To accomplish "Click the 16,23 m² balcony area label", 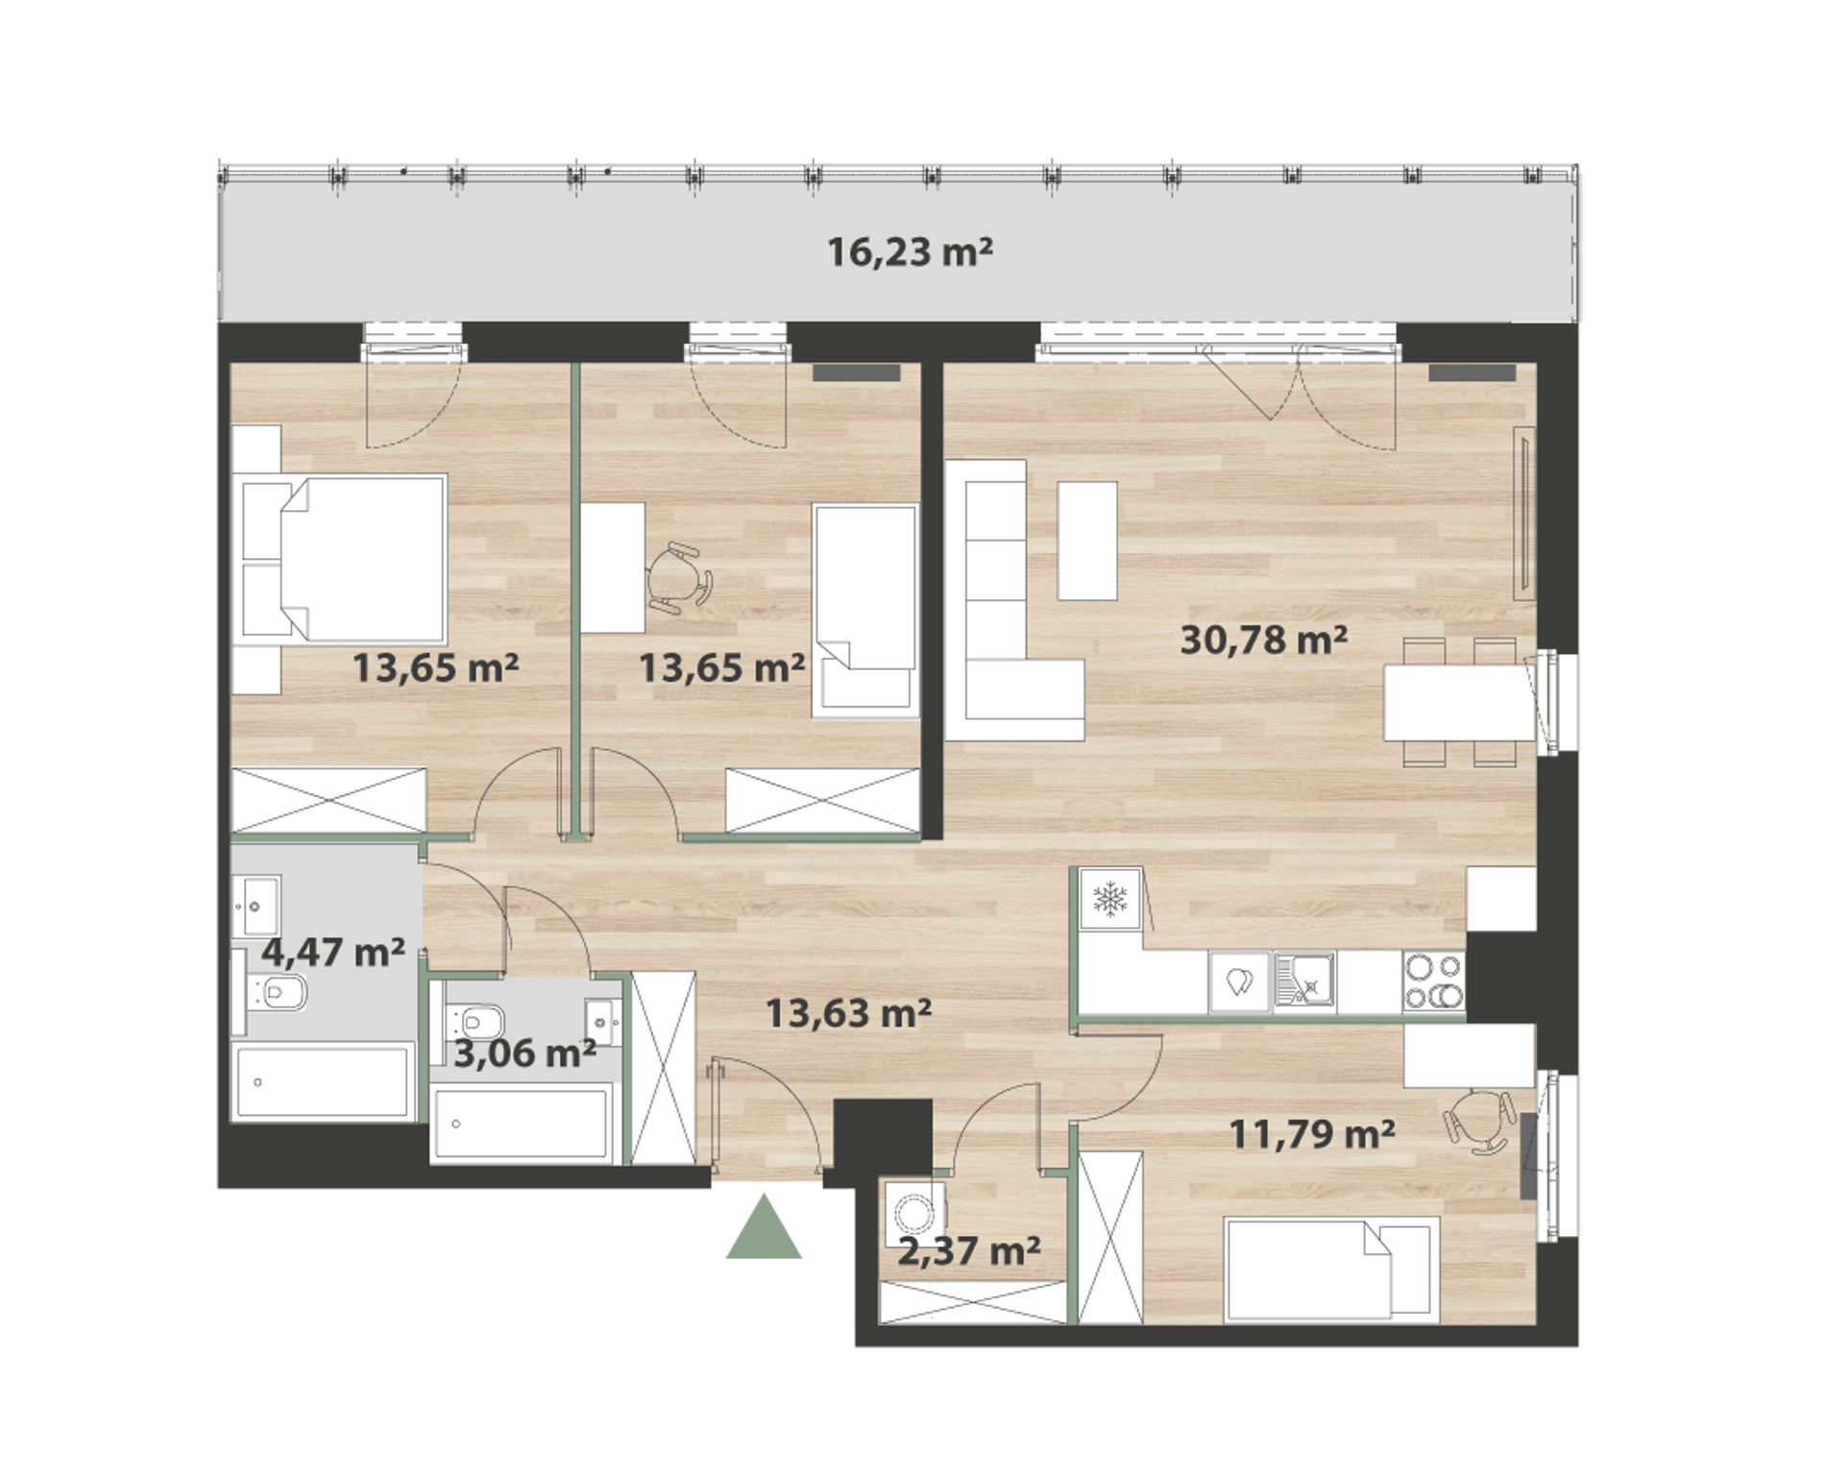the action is (x=910, y=252).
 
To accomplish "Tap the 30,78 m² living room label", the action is (x=1263, y=639).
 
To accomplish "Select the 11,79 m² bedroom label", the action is (x=1312, y=1134).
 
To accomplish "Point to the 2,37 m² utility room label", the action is (x=969, y=1250).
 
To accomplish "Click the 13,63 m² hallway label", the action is (x=848, y=1012).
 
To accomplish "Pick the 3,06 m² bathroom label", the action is (x=524, y=1053).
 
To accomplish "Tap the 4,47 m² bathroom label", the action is (x=333, y=953).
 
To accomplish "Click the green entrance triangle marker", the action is (x=764, y=1226).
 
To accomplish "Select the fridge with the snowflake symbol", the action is (x=1110, y=900).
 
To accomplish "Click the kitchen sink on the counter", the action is (x=1303, y=981).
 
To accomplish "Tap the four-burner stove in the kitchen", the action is (x=1433, y=981).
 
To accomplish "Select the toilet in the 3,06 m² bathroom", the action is (x=474, y=1018).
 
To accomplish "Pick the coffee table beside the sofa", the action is (x=1087, y=541).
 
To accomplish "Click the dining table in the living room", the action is (x=1458, y=702).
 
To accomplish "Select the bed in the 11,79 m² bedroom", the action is (x=1331, y=1270).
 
